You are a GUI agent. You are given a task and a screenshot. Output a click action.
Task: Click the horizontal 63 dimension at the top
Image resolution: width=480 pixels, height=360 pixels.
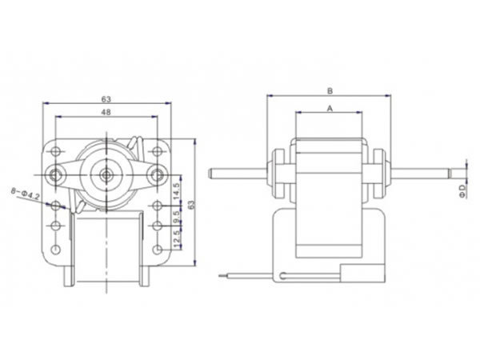[x=106, y=98]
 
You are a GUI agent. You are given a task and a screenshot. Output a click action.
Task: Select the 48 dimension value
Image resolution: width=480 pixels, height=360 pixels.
[x=106, y=114]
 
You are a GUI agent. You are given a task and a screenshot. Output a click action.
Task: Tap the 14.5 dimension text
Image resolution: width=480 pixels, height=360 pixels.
[x=177, y=191]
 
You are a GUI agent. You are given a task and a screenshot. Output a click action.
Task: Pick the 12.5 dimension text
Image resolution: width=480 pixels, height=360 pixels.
[x=177, y=238]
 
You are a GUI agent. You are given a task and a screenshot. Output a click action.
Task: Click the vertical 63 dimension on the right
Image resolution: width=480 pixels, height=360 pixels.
[x=190, y=205]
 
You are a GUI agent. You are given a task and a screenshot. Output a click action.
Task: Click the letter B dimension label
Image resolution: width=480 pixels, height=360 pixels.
[x=330, y=90]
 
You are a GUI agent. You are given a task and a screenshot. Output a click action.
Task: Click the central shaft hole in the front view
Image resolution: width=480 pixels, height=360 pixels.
[x=106, y=172]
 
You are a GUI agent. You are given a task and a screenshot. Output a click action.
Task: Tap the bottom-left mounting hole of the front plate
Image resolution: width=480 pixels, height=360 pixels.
[x=55, y=250]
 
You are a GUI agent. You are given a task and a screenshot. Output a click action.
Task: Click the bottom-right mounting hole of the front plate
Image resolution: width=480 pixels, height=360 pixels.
[x=157, y=250]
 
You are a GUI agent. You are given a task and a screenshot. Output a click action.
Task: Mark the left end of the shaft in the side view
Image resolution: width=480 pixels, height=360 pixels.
[x=210, y=172]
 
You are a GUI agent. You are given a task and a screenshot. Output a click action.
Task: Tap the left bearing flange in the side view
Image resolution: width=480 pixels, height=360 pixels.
[x=278, y=172]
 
